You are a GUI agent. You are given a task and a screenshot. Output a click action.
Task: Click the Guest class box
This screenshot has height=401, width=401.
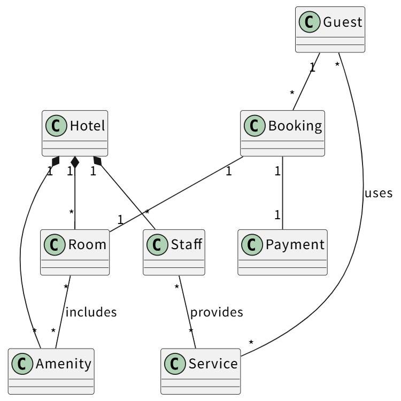(330, 29)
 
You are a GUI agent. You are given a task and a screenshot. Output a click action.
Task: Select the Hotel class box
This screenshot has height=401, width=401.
(75, 133)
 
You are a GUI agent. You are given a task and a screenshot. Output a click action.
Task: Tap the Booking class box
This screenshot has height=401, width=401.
(283, 133)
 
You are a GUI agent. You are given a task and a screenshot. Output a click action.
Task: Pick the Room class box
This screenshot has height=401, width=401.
(75, 252)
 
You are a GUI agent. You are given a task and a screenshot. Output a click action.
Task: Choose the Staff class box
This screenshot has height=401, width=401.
(174, 252)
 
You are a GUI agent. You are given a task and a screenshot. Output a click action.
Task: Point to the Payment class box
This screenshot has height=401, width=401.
(282, 252)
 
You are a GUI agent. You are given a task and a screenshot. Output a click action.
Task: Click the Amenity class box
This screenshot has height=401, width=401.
(51, 371)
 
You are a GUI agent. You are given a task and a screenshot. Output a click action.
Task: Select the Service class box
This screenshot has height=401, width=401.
(200, 371)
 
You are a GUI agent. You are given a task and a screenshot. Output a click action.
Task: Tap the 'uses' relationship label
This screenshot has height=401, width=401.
(379, 193)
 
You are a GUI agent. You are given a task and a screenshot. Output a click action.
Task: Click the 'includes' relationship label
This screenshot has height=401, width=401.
(91, 312)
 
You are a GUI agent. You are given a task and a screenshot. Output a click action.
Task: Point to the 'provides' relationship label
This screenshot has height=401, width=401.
(217, 312)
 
